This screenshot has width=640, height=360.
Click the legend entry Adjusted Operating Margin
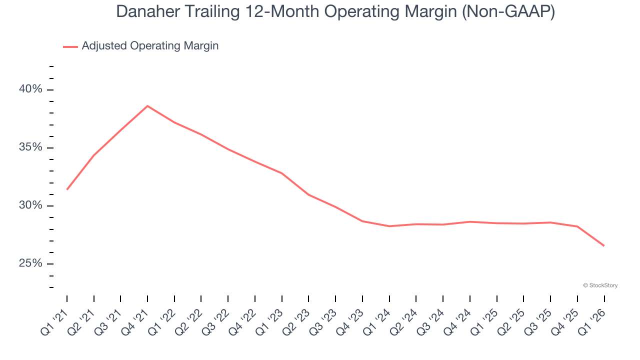(150, 46)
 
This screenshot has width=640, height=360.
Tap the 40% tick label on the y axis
(30, 89)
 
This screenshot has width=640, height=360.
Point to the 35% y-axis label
(30, 148)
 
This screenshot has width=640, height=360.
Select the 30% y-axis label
(30, 206)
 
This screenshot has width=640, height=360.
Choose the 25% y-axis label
(30, 264)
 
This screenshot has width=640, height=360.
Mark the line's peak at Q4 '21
(147, 106)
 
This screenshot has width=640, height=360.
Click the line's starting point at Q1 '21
(67, 189)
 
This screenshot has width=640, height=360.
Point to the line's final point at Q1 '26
(604, 245)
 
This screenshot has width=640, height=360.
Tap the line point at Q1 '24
(389, 226)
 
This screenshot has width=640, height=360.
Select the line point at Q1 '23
(282, 173)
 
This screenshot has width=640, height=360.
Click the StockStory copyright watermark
(600, 285)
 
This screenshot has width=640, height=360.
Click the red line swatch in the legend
(70, 46)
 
